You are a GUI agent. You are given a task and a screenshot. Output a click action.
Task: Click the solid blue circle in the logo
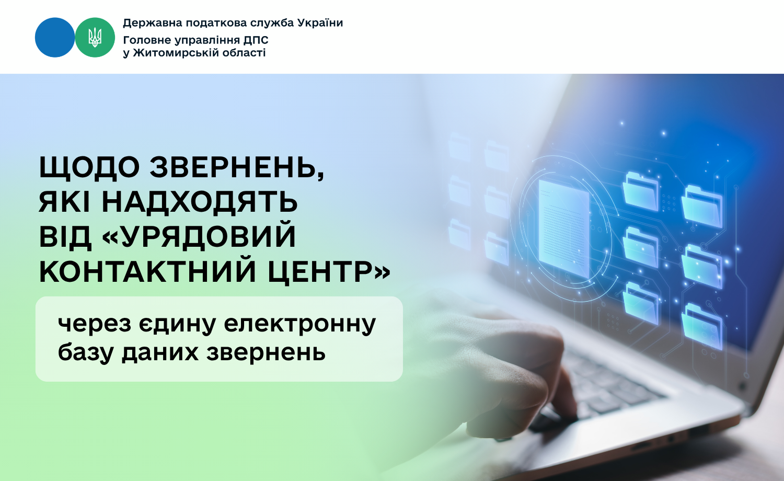tap(55, 38)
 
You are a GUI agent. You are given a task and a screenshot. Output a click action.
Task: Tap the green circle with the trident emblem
tap(95, 38)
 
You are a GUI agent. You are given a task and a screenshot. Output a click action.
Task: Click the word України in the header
tap(320, 23)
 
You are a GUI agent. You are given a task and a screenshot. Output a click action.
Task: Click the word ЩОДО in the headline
tap(89, 167)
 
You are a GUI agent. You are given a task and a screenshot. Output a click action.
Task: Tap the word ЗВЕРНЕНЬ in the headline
tap(237, 168)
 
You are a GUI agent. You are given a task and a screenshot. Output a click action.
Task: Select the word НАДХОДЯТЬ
tap(200, 202)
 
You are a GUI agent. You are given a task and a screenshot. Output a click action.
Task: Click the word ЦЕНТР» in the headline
tap(329, 273)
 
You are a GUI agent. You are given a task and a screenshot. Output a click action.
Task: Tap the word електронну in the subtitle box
tap(299, 324)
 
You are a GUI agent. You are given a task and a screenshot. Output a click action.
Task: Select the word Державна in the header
tap(153, 23)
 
